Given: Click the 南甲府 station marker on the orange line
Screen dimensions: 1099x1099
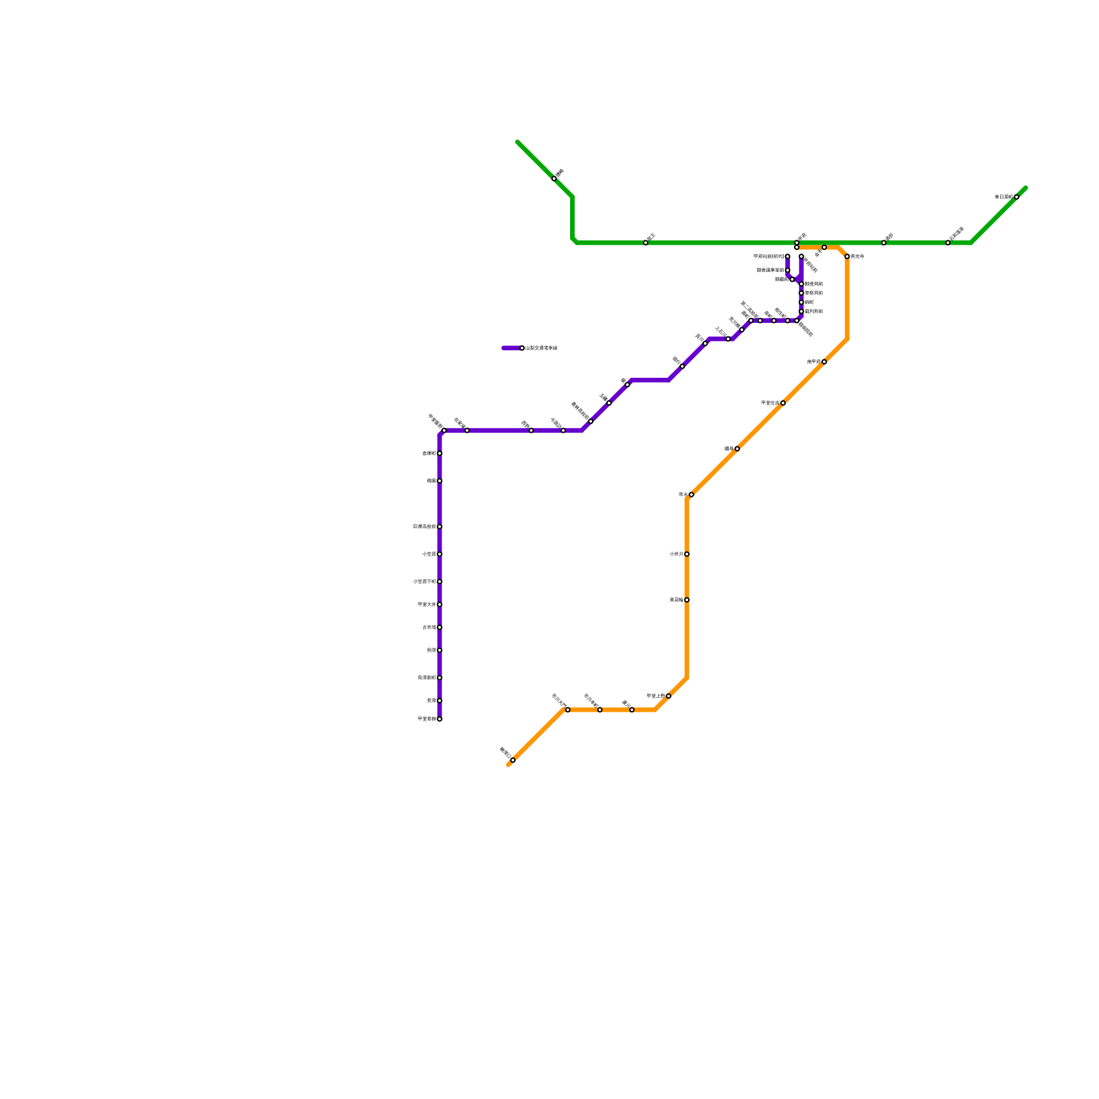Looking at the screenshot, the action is tap(824, 361).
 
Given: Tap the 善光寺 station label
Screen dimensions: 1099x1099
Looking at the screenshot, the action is tap(857, 256).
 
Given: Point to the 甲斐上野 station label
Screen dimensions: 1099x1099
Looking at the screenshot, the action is tap(656, 696).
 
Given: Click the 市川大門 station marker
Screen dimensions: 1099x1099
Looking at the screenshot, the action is tap(567, 710).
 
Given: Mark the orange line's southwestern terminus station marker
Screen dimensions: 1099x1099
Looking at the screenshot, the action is tap(512, 760).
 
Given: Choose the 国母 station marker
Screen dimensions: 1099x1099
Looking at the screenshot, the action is tap(737, 449).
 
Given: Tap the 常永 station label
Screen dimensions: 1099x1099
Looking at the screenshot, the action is tap(683, 495).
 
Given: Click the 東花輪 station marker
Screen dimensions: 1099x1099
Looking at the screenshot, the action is tap(687, 600).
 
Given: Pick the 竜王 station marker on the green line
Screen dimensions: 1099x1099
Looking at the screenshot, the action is tap(646, 242).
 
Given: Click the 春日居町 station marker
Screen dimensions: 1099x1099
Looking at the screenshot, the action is tap(1017, 197).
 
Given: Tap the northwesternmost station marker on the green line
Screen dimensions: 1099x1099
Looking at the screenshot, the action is tap(554, 179).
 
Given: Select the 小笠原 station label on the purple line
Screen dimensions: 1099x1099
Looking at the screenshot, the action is tap(429, 554).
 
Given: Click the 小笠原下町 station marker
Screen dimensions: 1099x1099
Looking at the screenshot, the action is tap(440, 581).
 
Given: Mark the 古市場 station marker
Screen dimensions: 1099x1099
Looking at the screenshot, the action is tap(440, 627).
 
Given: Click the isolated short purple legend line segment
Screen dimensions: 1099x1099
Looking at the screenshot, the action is tap(511, 348).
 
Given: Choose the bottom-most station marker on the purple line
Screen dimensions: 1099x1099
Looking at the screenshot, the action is tap(440, 718).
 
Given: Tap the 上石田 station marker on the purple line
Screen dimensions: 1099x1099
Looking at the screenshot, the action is tap(728, 339).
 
